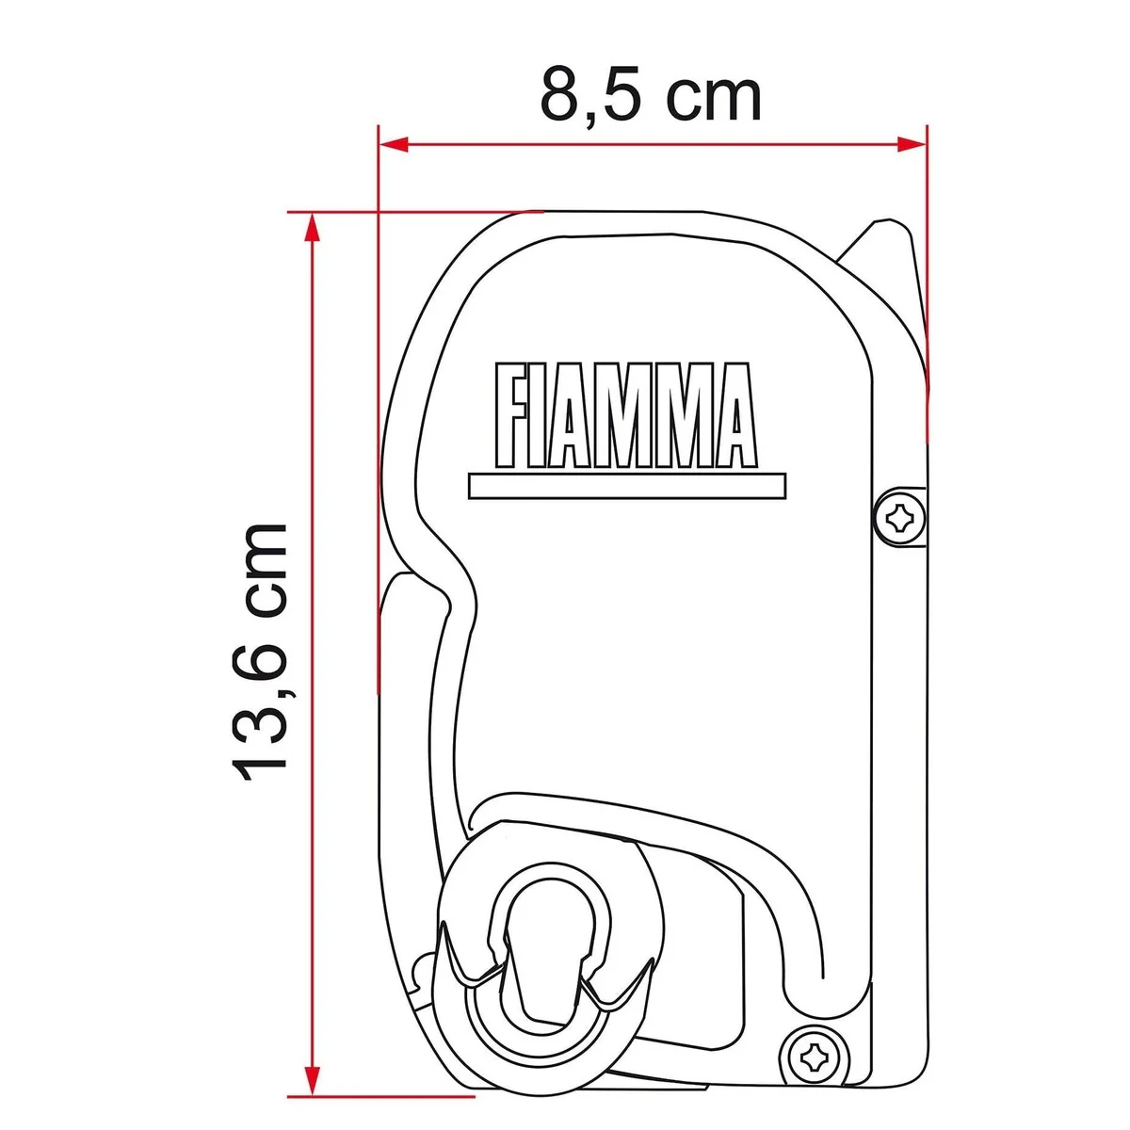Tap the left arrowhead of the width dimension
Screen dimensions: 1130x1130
[x=393, y=145]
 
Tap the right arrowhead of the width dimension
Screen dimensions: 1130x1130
[x=912, y=145]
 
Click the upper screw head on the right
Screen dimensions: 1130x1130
[x=899, y=517]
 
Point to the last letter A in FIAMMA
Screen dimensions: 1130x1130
[x=732, y=415]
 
